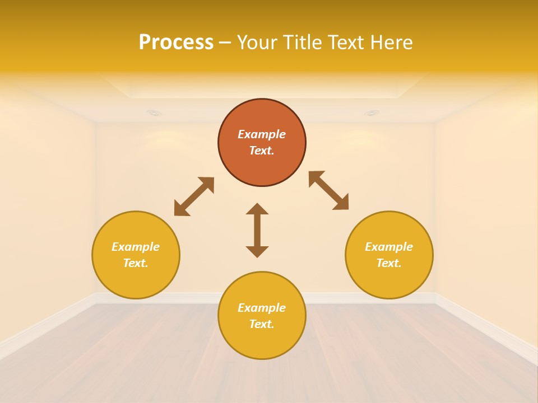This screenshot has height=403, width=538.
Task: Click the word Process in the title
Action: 176,43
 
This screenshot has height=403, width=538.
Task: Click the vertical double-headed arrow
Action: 257,230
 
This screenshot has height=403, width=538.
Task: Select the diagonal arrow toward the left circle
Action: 194,196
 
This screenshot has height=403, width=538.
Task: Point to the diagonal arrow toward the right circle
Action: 329,190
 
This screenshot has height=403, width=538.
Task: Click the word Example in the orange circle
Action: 262,134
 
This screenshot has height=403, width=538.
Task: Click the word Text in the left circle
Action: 136,263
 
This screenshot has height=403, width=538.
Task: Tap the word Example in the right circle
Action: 389,247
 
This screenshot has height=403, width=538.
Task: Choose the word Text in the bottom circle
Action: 261,324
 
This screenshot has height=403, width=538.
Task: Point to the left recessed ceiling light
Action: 154,113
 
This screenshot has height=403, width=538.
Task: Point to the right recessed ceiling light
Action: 371,113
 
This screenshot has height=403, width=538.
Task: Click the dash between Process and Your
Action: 225,43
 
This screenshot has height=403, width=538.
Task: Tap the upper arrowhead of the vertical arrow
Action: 257,209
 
